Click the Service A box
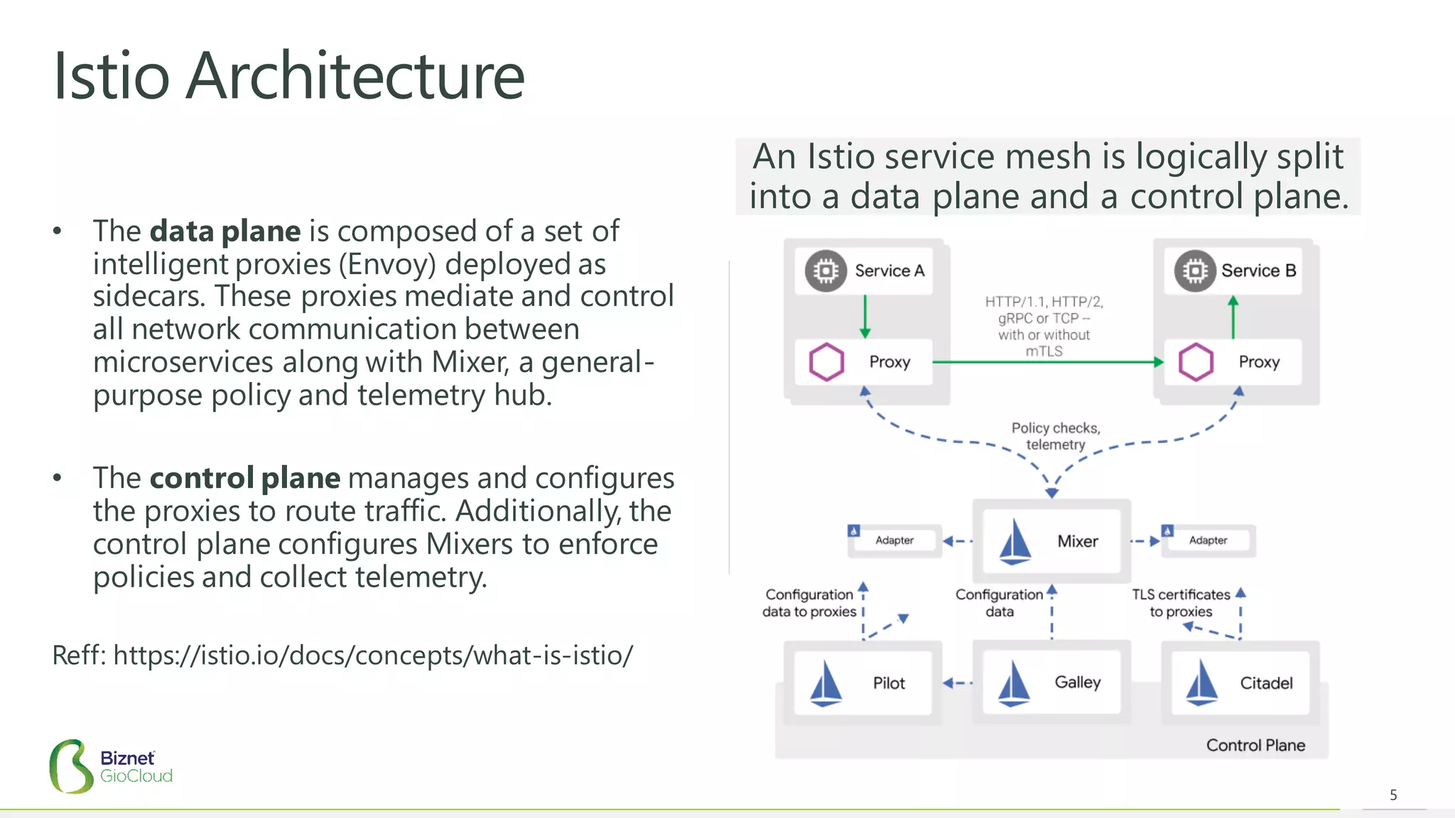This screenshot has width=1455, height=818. (864, 271)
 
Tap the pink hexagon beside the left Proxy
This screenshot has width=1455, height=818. (826, 362)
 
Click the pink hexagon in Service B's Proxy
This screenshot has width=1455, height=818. (1196, 362)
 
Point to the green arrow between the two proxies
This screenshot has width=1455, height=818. (1048, 362)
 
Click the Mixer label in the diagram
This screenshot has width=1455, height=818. (1077, 541)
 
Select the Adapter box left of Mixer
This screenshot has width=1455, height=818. (895, 540)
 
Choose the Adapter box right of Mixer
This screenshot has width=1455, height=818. (1208, 540)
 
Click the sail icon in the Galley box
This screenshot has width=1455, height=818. (1014, 683)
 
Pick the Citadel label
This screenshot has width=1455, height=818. (1266, 683)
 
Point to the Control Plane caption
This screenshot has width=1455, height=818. (1255, 745)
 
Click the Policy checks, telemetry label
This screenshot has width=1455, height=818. (1056, 436)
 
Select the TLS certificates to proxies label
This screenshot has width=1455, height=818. (1181, 603)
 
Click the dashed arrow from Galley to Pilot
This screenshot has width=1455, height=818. (958, 683)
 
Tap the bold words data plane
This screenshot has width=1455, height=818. (225, 231)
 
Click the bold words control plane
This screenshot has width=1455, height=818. (244, 478)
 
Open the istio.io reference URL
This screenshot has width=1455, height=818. (372, 655)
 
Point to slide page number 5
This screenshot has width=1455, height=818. (1393, 795)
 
